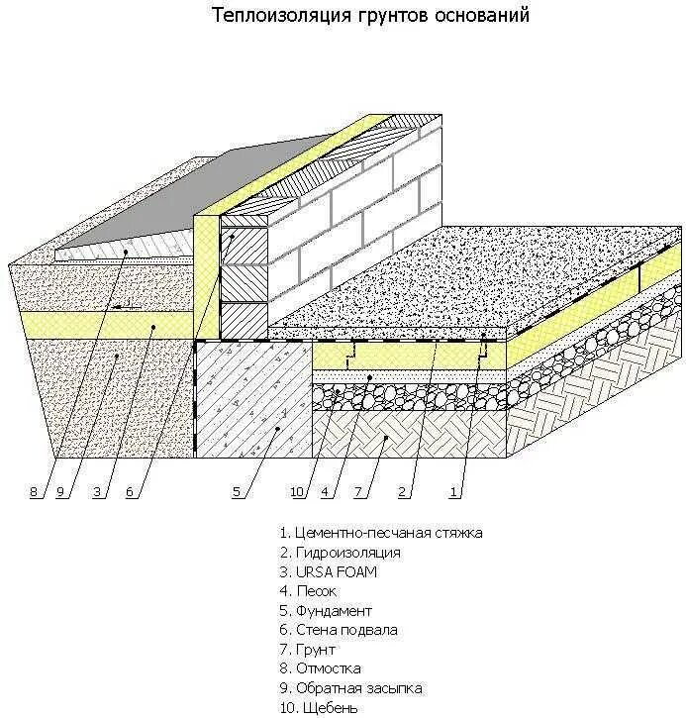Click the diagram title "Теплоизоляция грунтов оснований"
tap(371, 16)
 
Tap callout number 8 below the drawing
tap(34, 492)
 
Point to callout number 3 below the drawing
tap(97, 492)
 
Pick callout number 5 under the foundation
tap(237, 492)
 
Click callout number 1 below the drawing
tap(454, 492)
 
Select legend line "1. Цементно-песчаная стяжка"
tap(381, 533)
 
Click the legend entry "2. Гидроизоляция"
tap(340, 553)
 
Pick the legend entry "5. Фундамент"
tap(326, 610)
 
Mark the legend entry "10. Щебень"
tap(319, 707)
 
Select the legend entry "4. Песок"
tap(309, 591)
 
